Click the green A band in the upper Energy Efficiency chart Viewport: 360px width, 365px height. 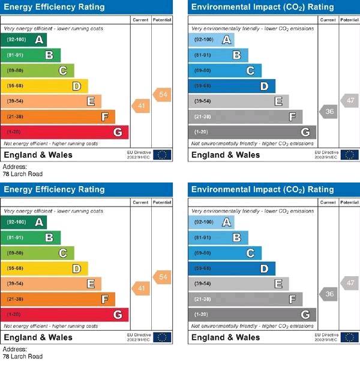point(24,40)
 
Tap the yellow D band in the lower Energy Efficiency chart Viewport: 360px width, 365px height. point(45,268)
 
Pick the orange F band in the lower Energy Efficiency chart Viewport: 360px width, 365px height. point(59,299)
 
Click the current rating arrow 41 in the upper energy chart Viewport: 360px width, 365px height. point(140,106)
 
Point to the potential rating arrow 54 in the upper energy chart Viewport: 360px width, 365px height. point(162,95)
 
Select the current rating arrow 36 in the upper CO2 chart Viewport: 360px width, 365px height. point(328,111)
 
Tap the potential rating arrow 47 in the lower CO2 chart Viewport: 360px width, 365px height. point(350,282)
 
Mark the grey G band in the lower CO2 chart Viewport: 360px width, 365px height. point(252,315)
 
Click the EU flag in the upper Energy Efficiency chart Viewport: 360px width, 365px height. point(162,155)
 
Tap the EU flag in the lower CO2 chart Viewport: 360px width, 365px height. point(349,337)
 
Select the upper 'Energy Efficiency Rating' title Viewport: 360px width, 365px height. point(55,7)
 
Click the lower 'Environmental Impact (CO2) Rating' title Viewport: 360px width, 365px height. point(262,190)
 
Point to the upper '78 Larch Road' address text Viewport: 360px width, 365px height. point(23,174)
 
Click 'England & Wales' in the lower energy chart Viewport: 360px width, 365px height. point(38,337)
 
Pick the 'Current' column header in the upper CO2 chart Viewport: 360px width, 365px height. point(328,20)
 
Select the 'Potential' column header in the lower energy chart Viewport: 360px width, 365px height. point(162,202)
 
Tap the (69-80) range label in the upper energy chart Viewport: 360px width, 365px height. point(16,71)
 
